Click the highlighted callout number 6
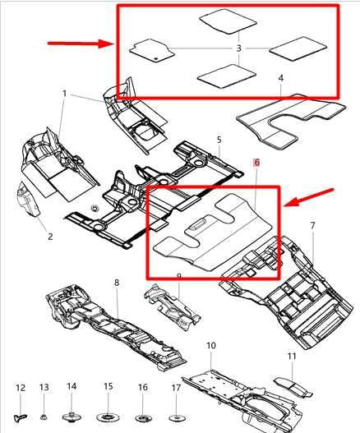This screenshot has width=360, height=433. (x=256, y=164)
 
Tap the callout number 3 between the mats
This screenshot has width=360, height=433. (x=238, y=48)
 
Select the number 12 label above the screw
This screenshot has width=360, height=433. (x=21, y=387)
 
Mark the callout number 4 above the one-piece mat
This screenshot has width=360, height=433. (x=280, y=79)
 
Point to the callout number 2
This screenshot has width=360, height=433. (x=49, y=237)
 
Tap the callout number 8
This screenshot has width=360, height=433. (x=117, y=283)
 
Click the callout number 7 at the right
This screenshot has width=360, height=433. (x=312, y=224)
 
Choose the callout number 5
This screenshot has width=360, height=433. (x=219, y=140)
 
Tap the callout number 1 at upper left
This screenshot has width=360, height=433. (x=64, y=94)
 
